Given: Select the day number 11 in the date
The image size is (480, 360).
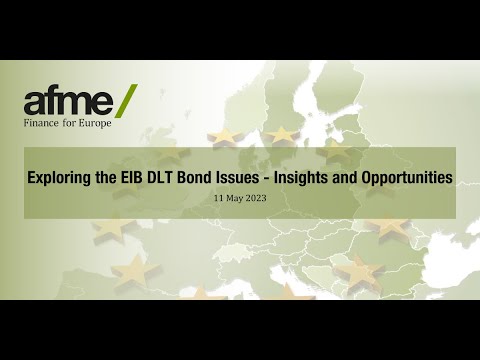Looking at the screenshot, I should (219, 198).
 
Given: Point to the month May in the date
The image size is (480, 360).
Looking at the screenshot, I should (235, 198).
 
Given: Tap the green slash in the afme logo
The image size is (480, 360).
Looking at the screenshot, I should (127, 99).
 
